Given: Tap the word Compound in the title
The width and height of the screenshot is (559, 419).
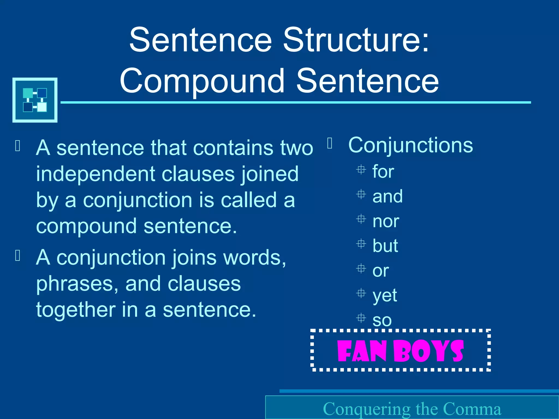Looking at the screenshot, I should [202, 81].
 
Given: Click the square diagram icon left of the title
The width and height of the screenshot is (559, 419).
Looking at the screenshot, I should [35, 100].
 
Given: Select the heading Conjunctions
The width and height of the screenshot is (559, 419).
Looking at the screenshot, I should [411, 145].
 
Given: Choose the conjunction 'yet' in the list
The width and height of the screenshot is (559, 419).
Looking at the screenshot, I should [385, 295].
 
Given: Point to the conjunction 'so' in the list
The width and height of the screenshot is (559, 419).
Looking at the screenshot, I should [382, 320].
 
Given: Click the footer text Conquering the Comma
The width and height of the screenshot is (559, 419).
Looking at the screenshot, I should [412, 409].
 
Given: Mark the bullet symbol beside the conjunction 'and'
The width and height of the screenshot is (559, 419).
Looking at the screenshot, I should [361, 194].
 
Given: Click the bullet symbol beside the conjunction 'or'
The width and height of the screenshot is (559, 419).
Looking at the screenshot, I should [361, 269].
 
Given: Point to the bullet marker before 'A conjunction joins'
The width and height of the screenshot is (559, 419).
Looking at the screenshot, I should [18, 256].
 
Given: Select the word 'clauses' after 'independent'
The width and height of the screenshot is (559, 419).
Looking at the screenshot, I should [198, 174].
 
